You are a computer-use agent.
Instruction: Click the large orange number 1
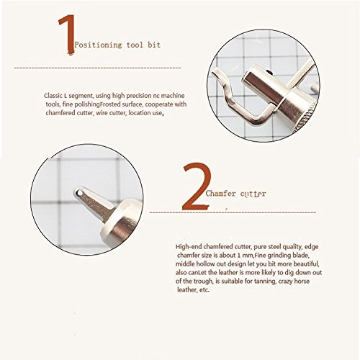(x=67, y=35)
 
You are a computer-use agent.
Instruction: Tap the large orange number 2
(x=197, y=186)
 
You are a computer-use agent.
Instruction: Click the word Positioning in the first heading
(x=98, y=45)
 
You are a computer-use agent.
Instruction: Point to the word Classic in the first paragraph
(x=53, y=96)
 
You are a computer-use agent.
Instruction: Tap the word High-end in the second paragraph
(x=189, y=247)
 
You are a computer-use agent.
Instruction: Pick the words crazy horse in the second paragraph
(x=294, y=281)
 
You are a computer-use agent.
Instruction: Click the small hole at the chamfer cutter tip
(x=78, y=192)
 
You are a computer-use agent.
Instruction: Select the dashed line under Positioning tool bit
(x=97, y=68)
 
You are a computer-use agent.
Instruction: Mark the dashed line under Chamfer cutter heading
(x=233, y=212)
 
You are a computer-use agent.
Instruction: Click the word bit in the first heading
(x=154, y=45)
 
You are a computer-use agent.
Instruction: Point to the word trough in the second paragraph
(x=204, y=281)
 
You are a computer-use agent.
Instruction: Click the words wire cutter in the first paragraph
(x=111, y=113)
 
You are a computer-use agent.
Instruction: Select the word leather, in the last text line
(x=186, y=289)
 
